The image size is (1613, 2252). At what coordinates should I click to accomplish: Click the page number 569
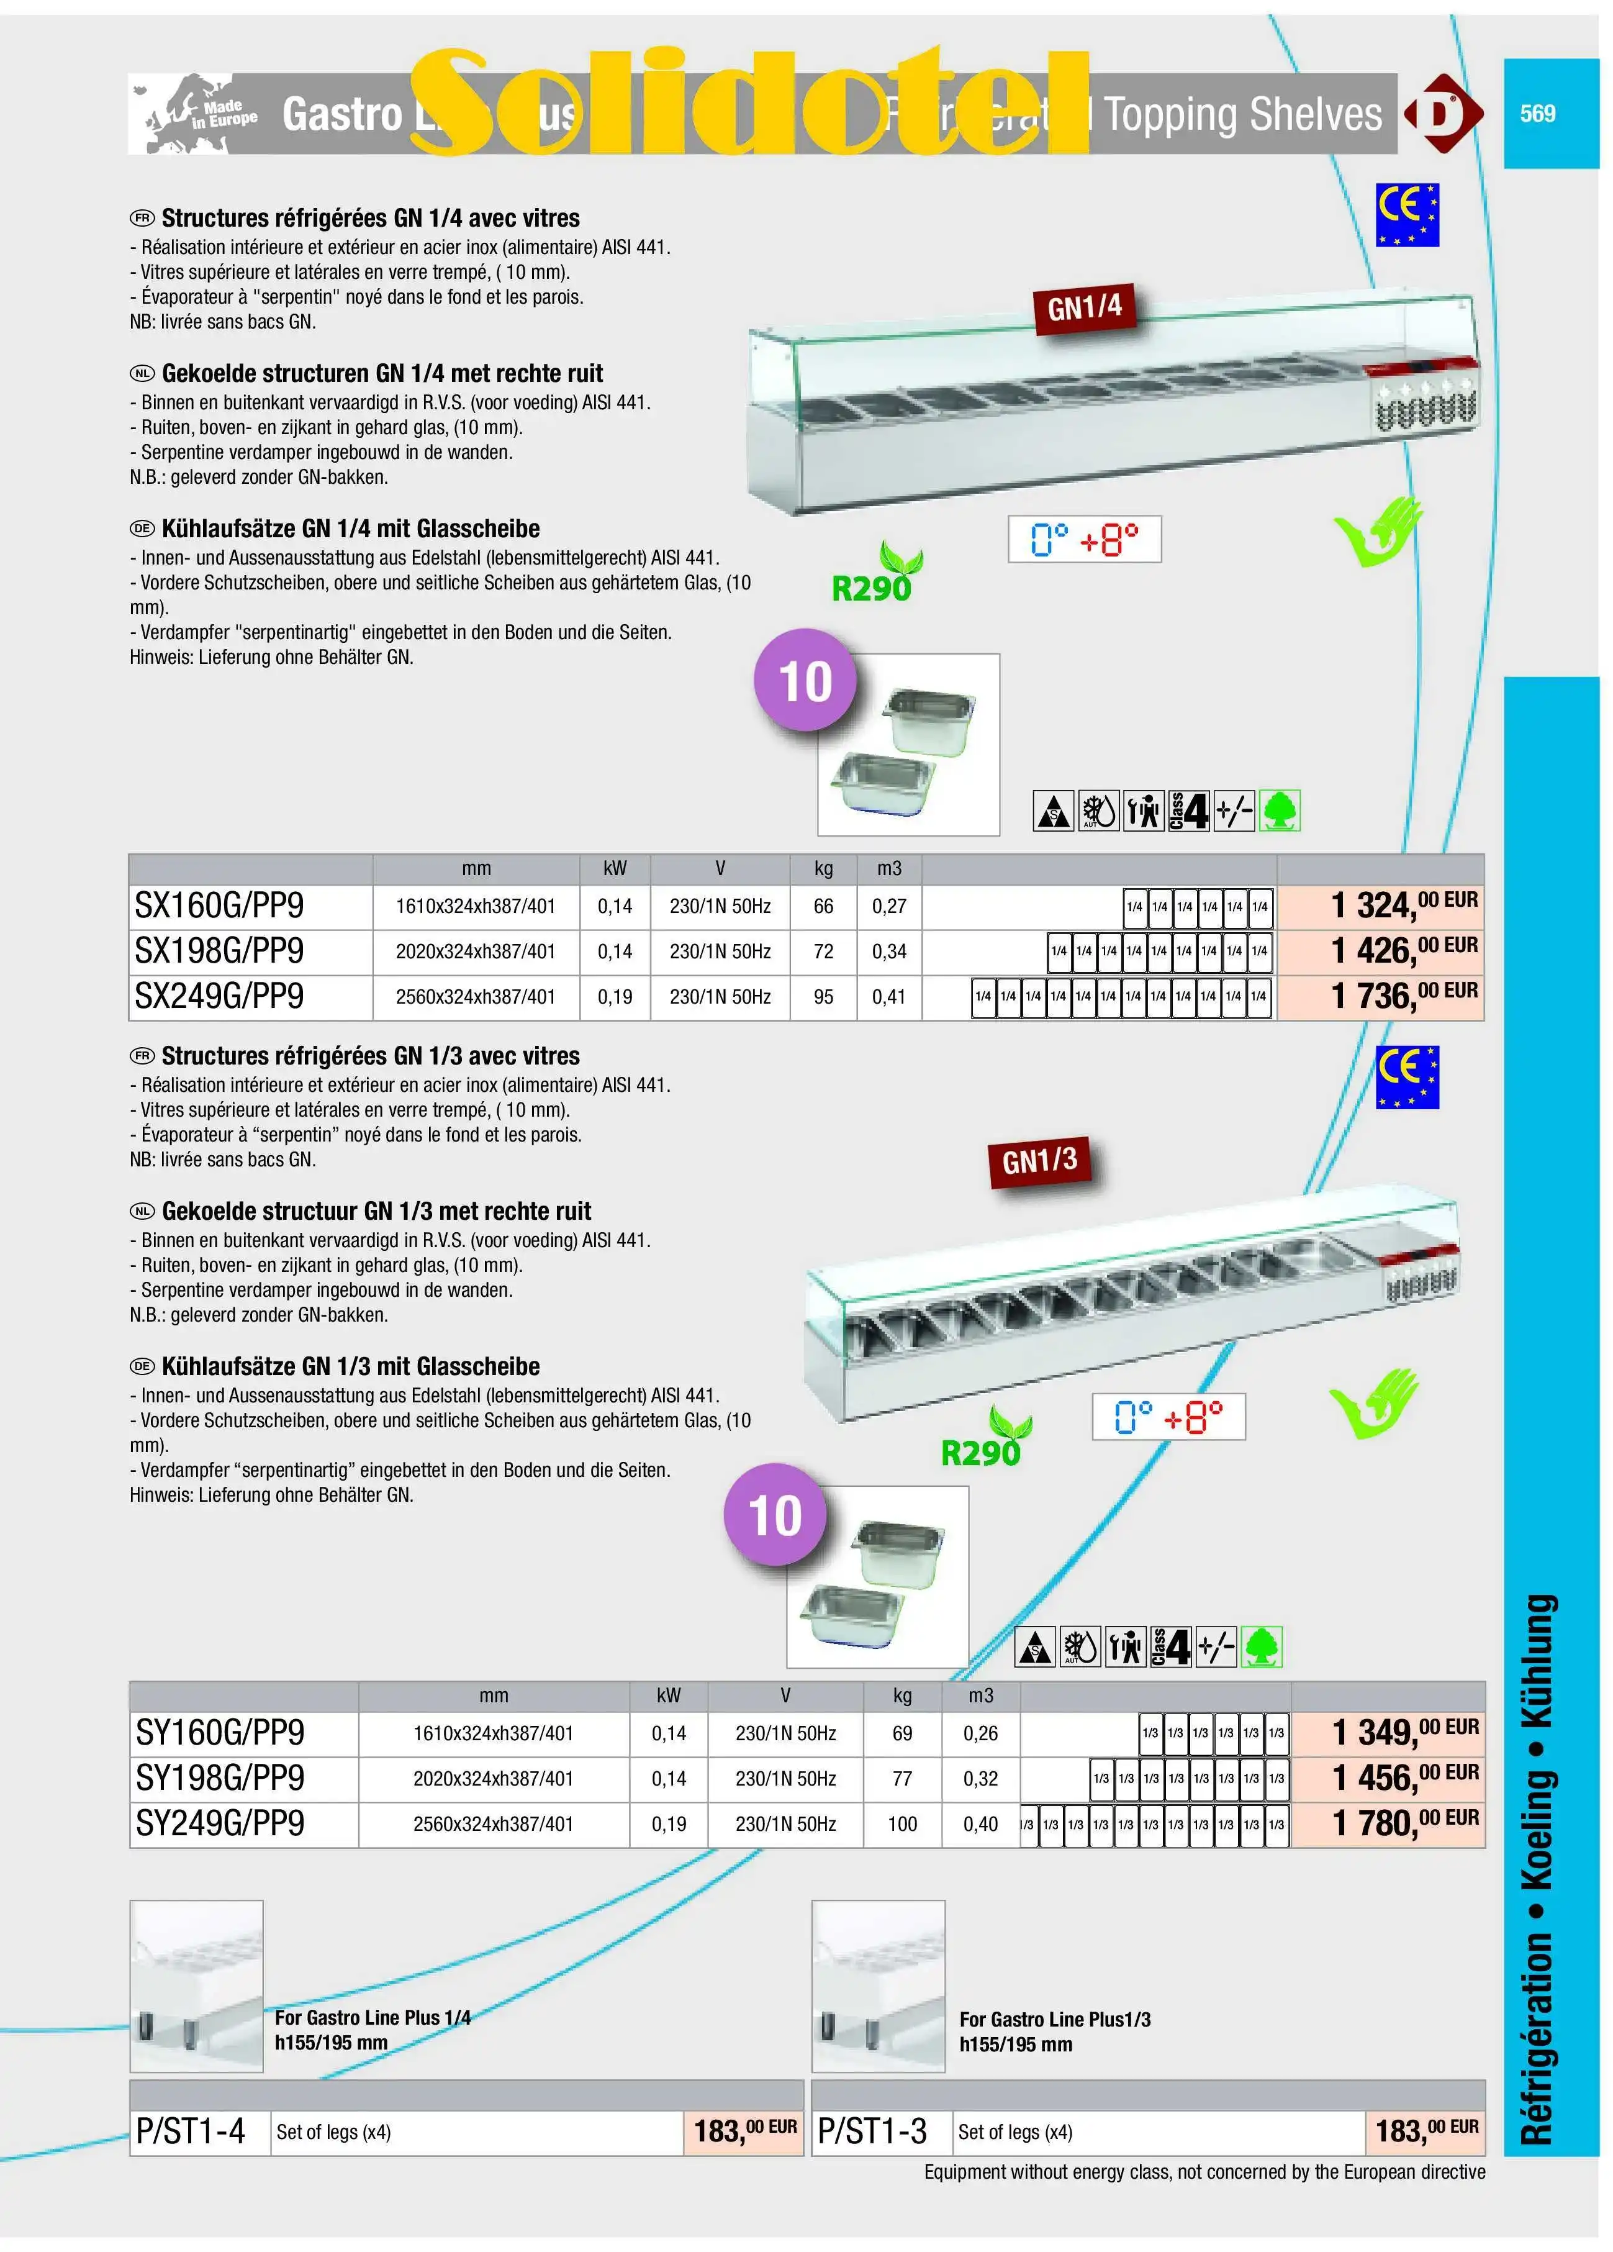pos(1537,113)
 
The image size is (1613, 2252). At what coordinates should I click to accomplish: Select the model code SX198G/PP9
pos(219,951)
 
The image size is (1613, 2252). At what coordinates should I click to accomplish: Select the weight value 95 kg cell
pos(823,996)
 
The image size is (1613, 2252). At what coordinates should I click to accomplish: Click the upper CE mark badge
pos(1406,214)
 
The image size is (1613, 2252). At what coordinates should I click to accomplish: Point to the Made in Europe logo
pos(194,114)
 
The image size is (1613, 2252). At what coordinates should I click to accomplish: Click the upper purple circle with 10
pos(805,682)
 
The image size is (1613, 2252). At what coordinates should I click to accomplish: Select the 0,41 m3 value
pos(888,996)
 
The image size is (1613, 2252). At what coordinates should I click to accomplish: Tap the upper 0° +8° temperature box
pos(1084,539)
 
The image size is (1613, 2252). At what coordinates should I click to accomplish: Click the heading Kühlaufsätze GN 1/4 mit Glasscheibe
pos(350,529)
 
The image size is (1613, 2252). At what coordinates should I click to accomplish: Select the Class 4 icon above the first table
pos(1188,811)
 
